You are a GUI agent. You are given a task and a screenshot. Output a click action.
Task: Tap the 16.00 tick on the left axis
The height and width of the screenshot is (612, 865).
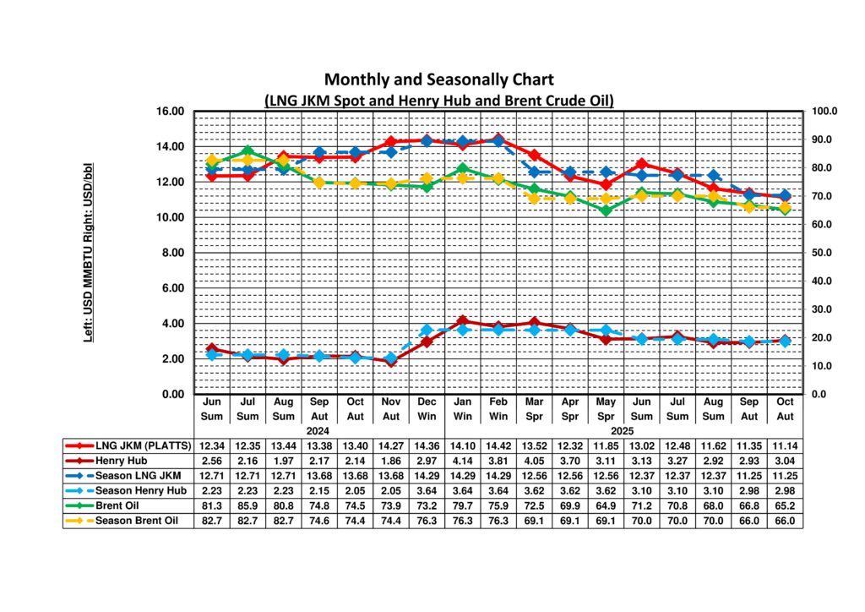[170, 112]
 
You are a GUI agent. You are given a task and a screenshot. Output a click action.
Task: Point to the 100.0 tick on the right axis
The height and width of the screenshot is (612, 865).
[824, 112]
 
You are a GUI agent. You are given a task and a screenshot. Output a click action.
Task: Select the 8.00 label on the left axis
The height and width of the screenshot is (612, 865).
[171, 253]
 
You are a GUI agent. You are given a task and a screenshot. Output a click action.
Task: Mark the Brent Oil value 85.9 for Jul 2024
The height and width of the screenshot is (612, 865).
[248, 506]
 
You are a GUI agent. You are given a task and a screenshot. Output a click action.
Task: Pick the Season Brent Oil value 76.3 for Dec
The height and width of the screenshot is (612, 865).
[426, 522]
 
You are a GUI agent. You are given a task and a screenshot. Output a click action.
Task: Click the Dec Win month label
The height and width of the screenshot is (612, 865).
[426, 409]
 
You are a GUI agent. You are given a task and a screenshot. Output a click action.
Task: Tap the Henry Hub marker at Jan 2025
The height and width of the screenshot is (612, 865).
[462, 321]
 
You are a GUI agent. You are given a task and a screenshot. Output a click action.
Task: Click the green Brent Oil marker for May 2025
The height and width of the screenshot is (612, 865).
[606, 210]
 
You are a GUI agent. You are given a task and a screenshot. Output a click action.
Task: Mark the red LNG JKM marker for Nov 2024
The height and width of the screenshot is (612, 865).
[390, 142]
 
